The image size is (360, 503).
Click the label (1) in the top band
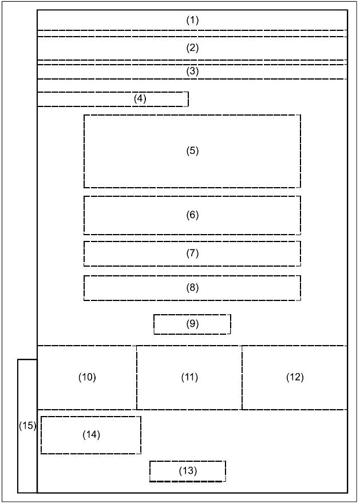[x=192, y=20]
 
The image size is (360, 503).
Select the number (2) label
[x=192, y=48]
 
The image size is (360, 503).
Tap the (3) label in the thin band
[x=192, y=71]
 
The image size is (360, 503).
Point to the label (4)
[x=140, y=99]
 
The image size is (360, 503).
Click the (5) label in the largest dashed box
[x=192, y=150]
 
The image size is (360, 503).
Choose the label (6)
[x=192, y=215]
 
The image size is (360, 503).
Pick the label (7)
[x=192, y=253]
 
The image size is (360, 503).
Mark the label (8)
[x=192, y=287]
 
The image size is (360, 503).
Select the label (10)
[x=87, y=377]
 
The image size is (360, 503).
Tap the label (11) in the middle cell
[x=189, y=377]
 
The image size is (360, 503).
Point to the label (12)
[x=295, y=377]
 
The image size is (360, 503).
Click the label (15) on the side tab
[x=27, y=426]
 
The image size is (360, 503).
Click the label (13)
[x=188, y=470]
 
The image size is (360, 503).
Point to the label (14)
[x=92, y=434]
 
